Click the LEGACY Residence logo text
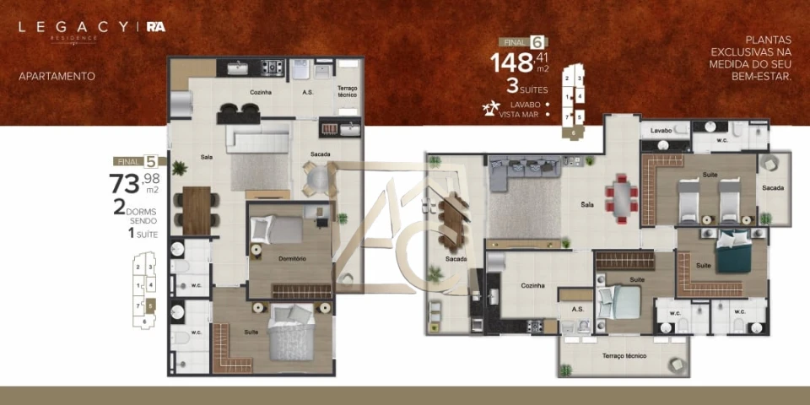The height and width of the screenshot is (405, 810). click(73, 28)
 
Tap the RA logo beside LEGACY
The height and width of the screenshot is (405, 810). click(155, 27)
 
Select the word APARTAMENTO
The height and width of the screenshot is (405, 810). click(57, 76)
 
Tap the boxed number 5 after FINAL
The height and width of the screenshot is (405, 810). click(150, 161)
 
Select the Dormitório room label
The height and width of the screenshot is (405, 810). click(291, 258)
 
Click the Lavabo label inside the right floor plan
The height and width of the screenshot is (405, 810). click(661, 131)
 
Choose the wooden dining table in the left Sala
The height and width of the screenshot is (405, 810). click(196, 209)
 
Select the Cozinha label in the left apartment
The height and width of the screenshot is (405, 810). click(260, 92)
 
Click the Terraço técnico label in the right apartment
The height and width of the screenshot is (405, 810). click(623, 357)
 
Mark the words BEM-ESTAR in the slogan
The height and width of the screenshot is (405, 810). click(764, 77)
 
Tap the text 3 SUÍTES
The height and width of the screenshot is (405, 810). click(526, 87)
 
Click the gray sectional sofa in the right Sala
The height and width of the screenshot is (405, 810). click(524, 168)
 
